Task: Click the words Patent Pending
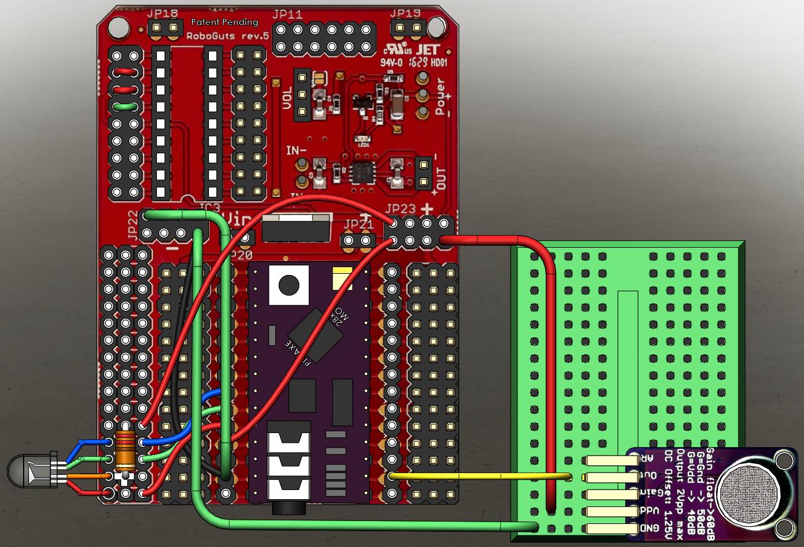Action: pos(224,22)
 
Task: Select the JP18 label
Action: pos(162,13)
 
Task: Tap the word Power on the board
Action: pos(440,96)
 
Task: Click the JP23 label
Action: pos(400,210)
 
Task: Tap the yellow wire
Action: pos(479,476)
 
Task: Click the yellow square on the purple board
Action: pos(341,278)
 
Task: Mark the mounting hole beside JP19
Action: pos(435,25)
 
